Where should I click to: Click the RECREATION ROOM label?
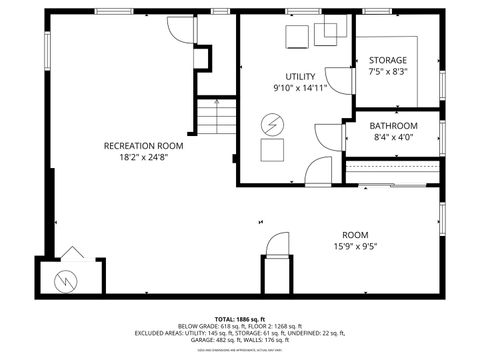pyautogui.click(x=144, y=146)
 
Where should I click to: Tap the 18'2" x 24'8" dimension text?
pyautogui.click(x=144, y=158)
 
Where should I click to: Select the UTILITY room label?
pyautogui.click(x=300, y=77)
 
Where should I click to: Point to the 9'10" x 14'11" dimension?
pyautogui.click(x=300, y=88)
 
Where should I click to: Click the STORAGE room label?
pyautogui.click(x=387, y=60)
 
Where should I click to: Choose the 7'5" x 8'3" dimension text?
pyautogui.click(x=387, y=72)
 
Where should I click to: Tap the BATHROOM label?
pyautogui.click(x=393, y=126)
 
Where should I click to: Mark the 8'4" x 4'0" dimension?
pyautogui.click(x=393, y=138)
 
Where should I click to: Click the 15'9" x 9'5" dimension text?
pyautogui.click(x=361, y=246)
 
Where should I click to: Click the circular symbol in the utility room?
pyautogui.click(x=272, y=125)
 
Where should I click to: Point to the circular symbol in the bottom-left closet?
pyautogui.click(x=66, y=280)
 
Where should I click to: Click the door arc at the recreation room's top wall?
pyautogui.click(x=181, y=27)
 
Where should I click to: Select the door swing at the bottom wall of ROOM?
pyautogui.click(x=277, y=244)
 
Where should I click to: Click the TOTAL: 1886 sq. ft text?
pyautogui.click(x=241, y=317)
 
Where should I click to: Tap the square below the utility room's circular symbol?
pyautogui.click(x=272, y=150)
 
